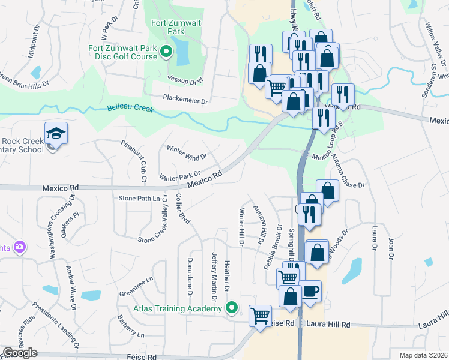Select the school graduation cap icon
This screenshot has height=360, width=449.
[x=56, y=133]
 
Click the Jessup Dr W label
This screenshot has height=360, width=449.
[x=185, y=79]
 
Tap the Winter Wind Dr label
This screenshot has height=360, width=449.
[x=187, y=152]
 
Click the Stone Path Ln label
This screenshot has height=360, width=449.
[x=141, y=197]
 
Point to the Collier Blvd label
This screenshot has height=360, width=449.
[x=183, y=209]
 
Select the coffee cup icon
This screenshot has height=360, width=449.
[x=310, y=292]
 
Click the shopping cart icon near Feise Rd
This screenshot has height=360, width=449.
[x=261, y=315]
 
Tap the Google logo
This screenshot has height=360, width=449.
[x=20, y=353]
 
